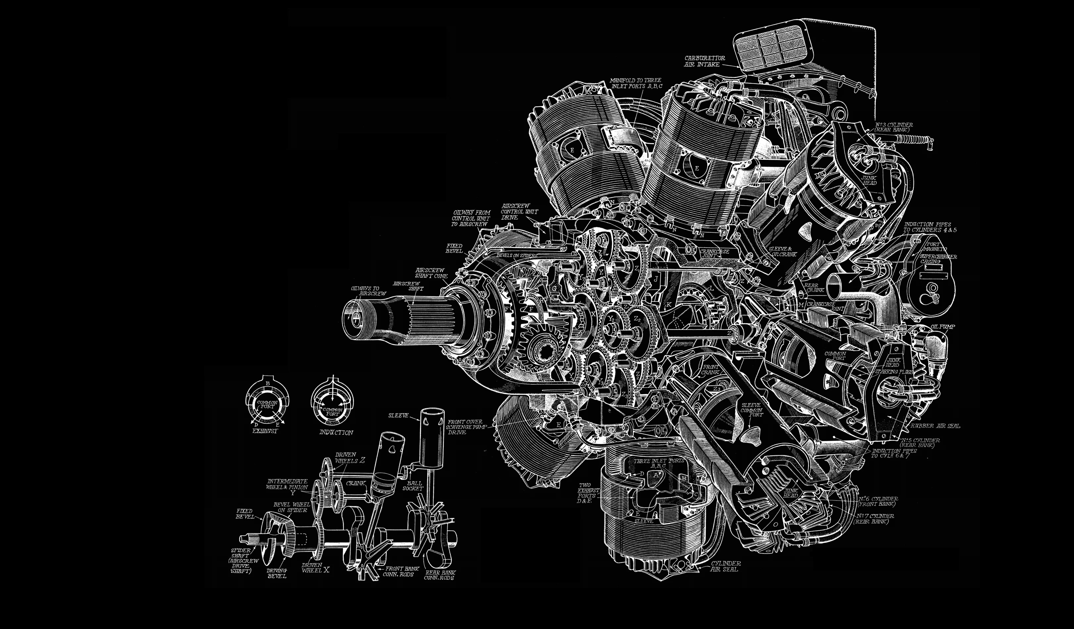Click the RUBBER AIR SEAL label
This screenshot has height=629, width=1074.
pos(936,426)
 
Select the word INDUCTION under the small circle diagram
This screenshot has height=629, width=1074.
pos(336,433)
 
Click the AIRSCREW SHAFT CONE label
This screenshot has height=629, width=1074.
pos(431,273)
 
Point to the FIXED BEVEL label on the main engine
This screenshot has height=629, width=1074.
pos(454,248)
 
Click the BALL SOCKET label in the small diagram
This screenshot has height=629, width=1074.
pos(413,486)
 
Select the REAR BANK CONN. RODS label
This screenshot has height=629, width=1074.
pos(439,575)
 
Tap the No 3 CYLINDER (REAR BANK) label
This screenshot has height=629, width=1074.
pos(893,126)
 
